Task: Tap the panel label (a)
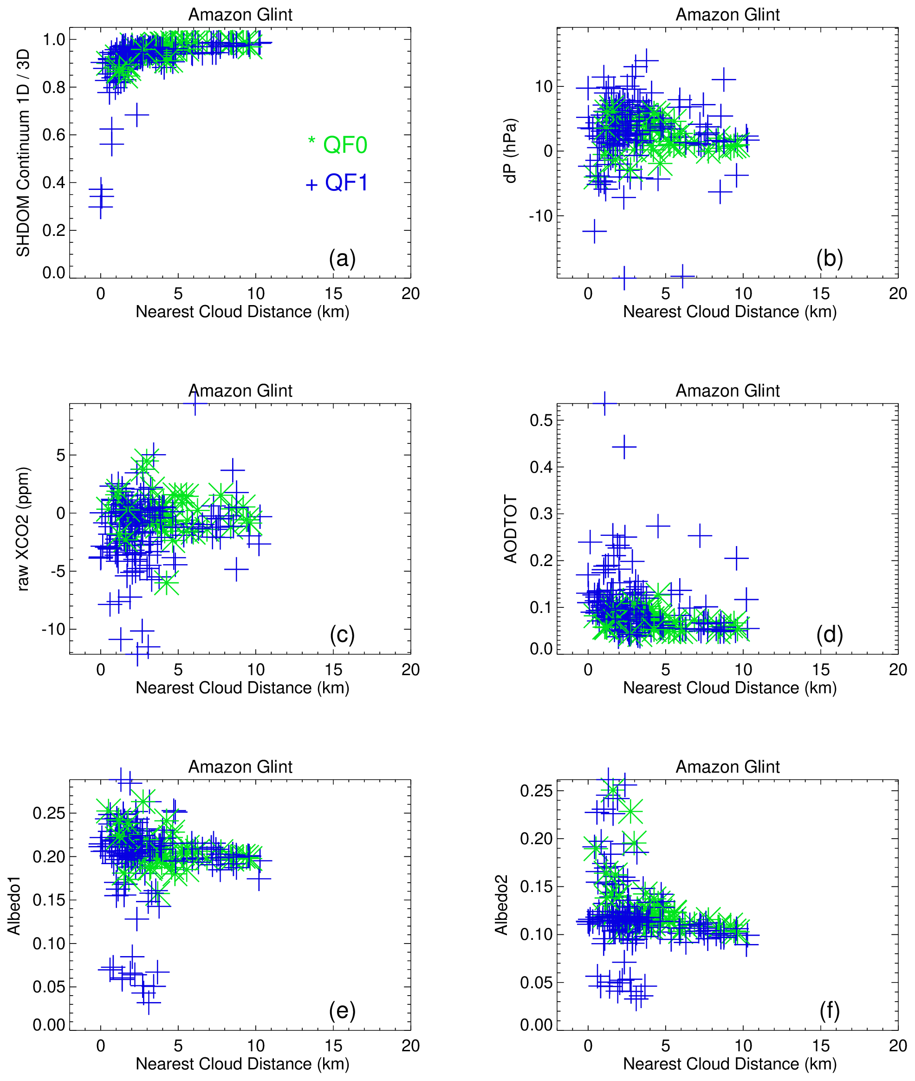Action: point(342,258)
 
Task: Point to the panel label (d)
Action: point(829,634)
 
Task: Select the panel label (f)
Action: point(829,1010)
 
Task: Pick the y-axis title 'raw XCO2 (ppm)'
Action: point(23,528)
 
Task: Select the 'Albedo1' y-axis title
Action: point(13,905)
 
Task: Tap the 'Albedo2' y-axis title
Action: point(501,905)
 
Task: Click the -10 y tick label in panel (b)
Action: point(540,216)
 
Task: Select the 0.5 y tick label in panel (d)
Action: point(540,420)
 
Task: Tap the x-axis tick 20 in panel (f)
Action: point(897,1046)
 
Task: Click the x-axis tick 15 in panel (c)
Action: point(333,670)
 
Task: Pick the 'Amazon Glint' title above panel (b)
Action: point(727,14)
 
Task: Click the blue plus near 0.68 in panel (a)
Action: point(137,115)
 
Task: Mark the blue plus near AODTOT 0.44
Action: point(624,447)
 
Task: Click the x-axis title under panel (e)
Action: point(242,1063)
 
